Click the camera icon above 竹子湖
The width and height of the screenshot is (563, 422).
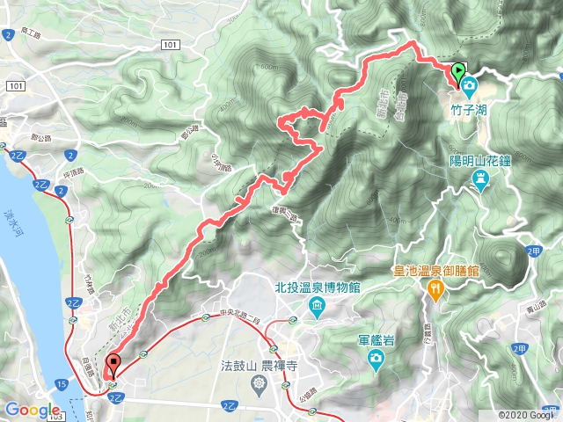click(x=469, y=88)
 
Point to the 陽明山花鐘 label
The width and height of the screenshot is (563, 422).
click(x=480, y=161)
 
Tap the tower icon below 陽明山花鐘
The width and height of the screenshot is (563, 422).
click(x=480, y=181)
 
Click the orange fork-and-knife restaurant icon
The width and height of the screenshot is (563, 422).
click(x=435, y=289)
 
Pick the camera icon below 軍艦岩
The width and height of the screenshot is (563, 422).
click(x=376, y=359)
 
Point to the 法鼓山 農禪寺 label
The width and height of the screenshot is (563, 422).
click(x=257, y=364)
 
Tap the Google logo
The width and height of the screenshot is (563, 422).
click(x=33, y=410)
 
